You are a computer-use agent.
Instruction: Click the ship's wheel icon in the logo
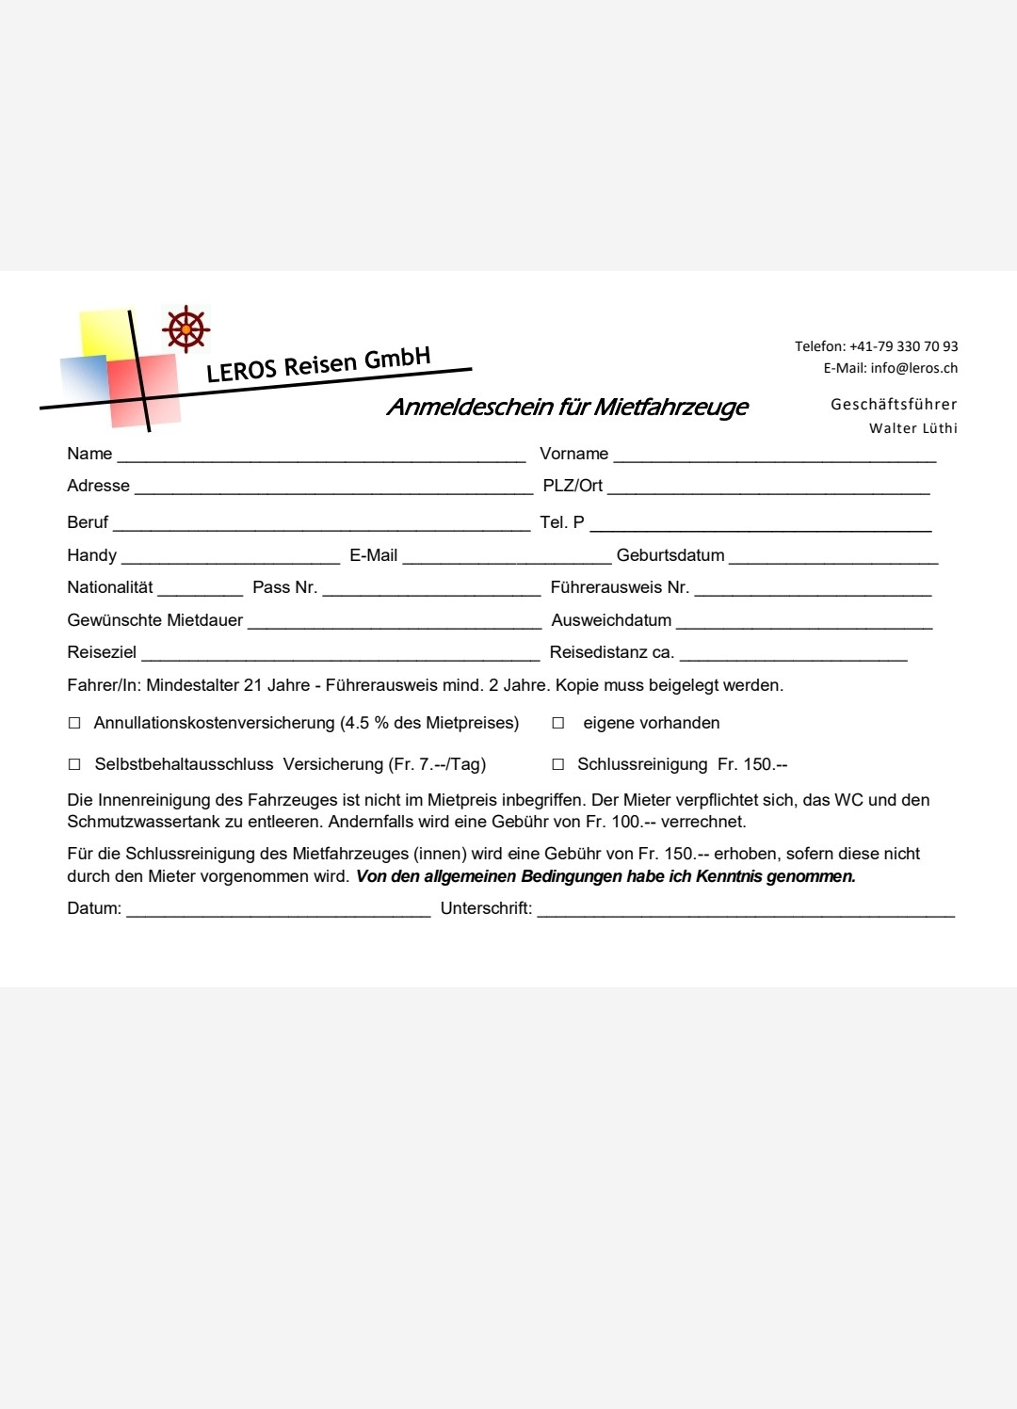pyautogui.click(x=186, y=329)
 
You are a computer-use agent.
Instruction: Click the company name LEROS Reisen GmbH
pyautogui.click(x=318, y=364)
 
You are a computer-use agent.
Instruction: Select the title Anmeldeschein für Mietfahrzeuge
pyautogui.click(x=567, y=407)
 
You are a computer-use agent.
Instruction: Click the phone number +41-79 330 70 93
pyautogui.click(x=903, y=346)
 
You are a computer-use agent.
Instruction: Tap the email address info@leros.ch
pyautogui.click(x=913, y=368)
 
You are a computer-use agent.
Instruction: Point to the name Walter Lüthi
pyautogui.click(x=912, y=428)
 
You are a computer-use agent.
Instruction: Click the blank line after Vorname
pyautogui.click(x=774, y=456)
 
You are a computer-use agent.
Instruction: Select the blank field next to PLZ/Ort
pyautogui.click(x=768, y=488)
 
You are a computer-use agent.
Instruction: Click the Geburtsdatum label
pyautogui.click(x=670, y=555)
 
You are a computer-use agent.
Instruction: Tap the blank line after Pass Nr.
pyautogui.click(x=431, y=590)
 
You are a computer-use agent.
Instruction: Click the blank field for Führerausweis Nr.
pyautogui.click(x=813, y=590)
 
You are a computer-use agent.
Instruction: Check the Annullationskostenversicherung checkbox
pyautogui.click(x=74, y=724)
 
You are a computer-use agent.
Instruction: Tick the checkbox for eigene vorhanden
pyautogui.click(x=558, y=724)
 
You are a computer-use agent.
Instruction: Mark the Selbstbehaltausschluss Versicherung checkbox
pyautogui.click(x=74, y=765)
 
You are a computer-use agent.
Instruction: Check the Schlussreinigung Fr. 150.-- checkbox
pyautogui.click(x=558, y=765)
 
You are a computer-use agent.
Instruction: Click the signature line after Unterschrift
pyautogui.click(x=746, y=911)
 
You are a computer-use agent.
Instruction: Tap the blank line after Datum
pyautogui.click(x=279, y=911)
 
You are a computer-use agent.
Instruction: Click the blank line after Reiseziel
pyautogui.click(x=340, y=655)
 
